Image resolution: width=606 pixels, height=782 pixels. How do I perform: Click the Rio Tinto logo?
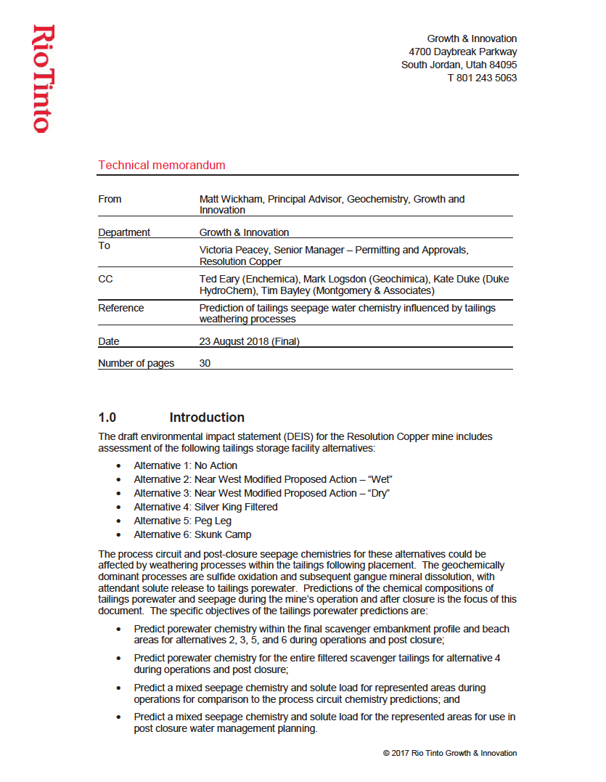[42, 78]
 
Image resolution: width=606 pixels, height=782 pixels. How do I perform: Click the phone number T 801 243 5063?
[482, 78]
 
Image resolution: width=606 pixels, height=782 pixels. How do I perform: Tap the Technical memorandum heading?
[162, 165]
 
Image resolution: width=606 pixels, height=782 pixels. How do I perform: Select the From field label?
[110, 199]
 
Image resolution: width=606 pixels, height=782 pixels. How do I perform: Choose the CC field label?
[106, 279]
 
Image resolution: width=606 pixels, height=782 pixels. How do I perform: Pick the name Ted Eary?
[221, 279]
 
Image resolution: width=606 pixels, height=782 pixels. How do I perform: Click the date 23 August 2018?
[232, 341]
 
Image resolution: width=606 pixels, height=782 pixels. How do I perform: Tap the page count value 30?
[205, 363]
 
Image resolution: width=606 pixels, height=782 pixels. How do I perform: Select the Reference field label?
[121, 308]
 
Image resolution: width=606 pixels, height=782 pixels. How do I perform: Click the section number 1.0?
[107, 418]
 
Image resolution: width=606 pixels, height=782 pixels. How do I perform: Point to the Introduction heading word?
[207, 418]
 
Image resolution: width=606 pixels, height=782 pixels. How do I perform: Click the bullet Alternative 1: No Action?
[185, 465]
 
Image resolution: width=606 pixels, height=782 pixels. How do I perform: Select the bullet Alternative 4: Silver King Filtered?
[205, 507]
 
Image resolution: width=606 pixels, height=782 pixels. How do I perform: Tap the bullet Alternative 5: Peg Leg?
[182, 521]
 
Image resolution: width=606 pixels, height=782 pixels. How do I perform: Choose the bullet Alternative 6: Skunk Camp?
[192, 534]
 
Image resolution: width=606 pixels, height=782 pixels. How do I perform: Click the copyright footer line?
[450, 753]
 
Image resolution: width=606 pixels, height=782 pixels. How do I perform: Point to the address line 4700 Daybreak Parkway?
[463, 52]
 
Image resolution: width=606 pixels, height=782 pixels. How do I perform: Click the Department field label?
[124, 232]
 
